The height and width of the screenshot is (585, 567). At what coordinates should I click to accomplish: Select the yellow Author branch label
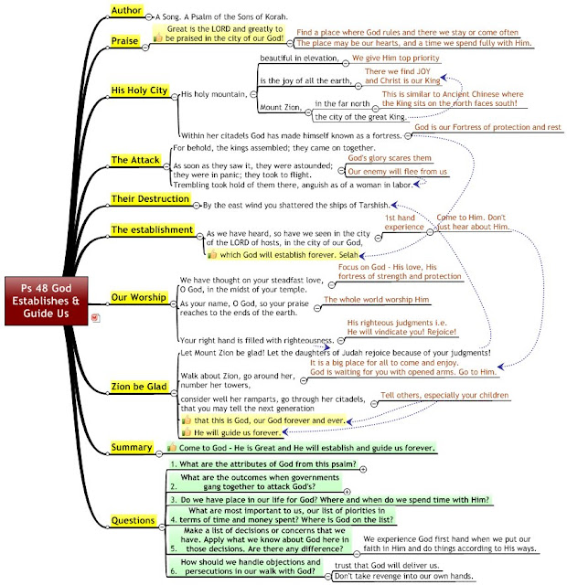128,10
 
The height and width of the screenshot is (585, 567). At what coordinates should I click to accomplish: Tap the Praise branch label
124,40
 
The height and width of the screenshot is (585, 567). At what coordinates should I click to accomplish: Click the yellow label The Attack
135,161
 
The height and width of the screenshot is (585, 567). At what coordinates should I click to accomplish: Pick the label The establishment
152,229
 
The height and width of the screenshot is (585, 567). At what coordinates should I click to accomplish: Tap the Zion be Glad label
138,387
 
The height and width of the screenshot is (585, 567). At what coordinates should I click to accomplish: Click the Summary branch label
132,448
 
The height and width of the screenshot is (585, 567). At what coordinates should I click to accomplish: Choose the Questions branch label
134,520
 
